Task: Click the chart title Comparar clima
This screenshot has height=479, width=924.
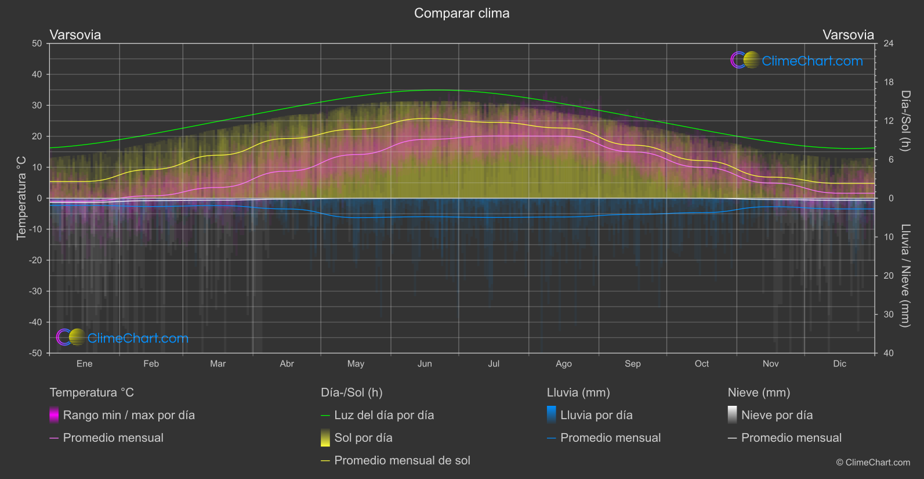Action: pyautogui.click(x=462, y=13)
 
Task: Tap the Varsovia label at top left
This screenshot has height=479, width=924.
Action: pyautogui.click(x=75, y=35)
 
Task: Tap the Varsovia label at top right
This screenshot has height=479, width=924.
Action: pyautogui.click(x=848, y=35)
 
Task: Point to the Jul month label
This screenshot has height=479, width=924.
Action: pyautogui.click(x=494, y=363)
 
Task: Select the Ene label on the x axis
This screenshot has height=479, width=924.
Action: pyautogui.click(x=85, y=363)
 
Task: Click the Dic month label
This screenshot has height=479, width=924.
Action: pyautogui.click(x=839, y=363)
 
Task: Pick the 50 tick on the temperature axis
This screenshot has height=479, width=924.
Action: pyautogui.click(x=37, y=44)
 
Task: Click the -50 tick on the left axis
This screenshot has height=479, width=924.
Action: pyautogui.click(x=36, y=353)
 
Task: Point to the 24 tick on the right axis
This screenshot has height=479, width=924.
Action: pyautogui.click(x=888, y=44)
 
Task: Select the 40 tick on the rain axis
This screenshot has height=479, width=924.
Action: pyautogui.click(x=888, y=353)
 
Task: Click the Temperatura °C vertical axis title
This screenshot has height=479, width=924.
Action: pyautogui.click(x=21, y=198)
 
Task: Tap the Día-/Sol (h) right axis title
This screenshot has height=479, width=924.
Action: pyautogui.click(x=905, y=121)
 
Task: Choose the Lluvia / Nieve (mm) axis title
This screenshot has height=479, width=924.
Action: pyautogui.click(x=905, y=275)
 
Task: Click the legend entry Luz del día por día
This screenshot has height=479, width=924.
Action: pyautogui.click(x=384, y=415)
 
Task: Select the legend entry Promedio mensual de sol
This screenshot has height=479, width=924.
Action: pyautogui.click(x=402, y=460)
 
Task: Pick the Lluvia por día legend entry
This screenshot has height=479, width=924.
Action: pyautogui.click(x=596, y=415)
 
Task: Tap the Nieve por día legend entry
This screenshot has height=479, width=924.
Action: pyautogui.click(x=777, y=415)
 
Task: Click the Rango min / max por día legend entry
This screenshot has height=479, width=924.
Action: pyautogui.click(x=129, y=415)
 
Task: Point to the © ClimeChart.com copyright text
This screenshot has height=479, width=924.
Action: pyautogui.click(x=873, y=462)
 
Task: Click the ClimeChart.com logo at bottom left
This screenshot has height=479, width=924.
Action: pyautogui.click(x=122, y=338)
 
